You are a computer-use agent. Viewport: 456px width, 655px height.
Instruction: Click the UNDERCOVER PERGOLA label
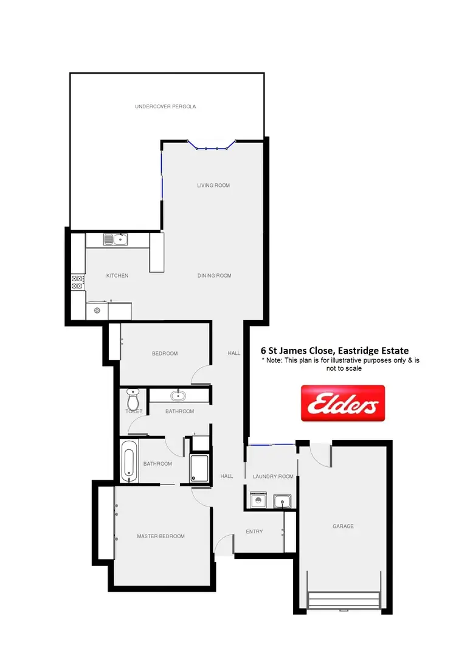pos(165,107)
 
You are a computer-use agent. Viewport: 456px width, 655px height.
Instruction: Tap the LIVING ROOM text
pos(213,185)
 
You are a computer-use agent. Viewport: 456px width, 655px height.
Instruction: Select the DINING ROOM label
pos(214,276)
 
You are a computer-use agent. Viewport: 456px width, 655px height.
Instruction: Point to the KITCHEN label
pos(117,276)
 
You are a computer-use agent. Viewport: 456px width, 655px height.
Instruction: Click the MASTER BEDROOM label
pos(161,536)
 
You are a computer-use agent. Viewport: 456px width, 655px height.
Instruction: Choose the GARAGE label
pos(343,526)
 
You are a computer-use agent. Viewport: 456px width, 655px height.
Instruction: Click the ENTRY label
pos(254,531)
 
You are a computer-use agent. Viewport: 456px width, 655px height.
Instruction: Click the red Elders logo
pos(343,403)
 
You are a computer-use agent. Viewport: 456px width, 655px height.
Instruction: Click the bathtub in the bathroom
pos(129,461)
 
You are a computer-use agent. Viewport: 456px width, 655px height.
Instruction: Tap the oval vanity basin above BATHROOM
pos(179,396)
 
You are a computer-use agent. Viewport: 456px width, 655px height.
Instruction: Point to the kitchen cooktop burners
pos(78,282)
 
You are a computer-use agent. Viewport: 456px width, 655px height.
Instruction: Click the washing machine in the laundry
pos(258,501)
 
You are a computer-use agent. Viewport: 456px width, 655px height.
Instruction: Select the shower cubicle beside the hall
pos(199,469)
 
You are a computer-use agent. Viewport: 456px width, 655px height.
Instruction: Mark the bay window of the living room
pos(211,146)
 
